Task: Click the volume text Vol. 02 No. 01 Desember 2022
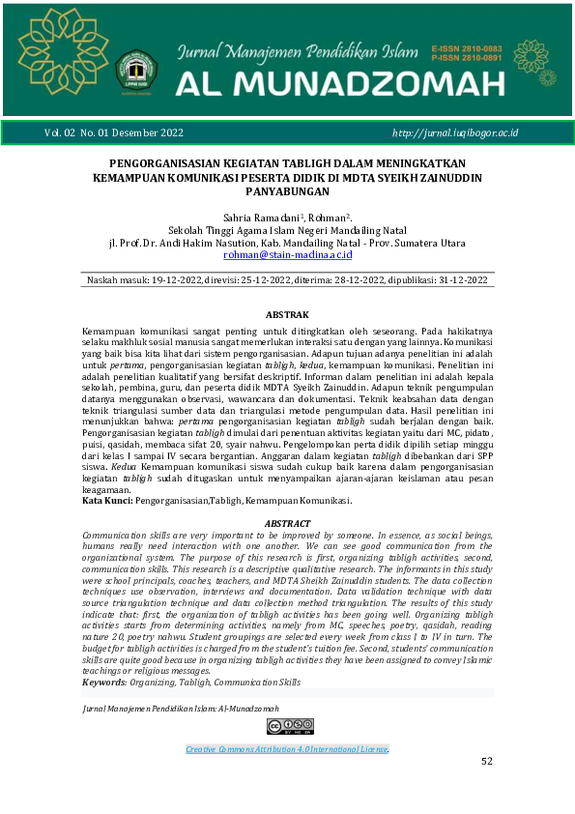113,131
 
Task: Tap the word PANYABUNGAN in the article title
287,192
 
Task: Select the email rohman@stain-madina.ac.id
287,255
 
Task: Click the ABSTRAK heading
287,315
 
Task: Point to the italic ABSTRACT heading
287,523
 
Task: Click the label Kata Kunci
107,501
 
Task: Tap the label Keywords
104,683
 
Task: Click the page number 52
487,762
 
